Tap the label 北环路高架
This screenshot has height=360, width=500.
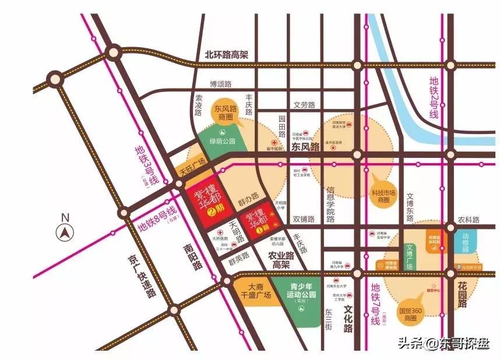226,55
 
